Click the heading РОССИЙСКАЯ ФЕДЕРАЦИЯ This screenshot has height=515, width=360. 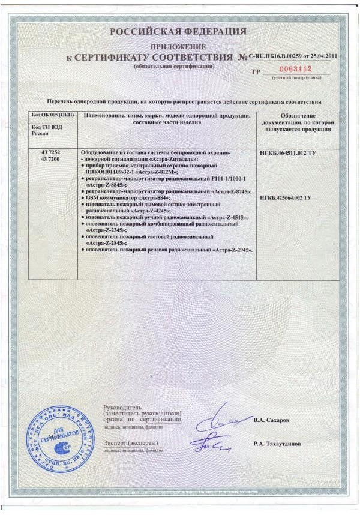point(178,31)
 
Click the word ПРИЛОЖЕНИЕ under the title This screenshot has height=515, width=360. point(178,46)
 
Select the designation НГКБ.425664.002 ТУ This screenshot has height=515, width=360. point(289,197)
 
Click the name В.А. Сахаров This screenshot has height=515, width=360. point(271,420)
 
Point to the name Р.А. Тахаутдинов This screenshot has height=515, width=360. point(277,445)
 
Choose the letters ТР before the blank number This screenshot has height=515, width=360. point(256,71)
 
